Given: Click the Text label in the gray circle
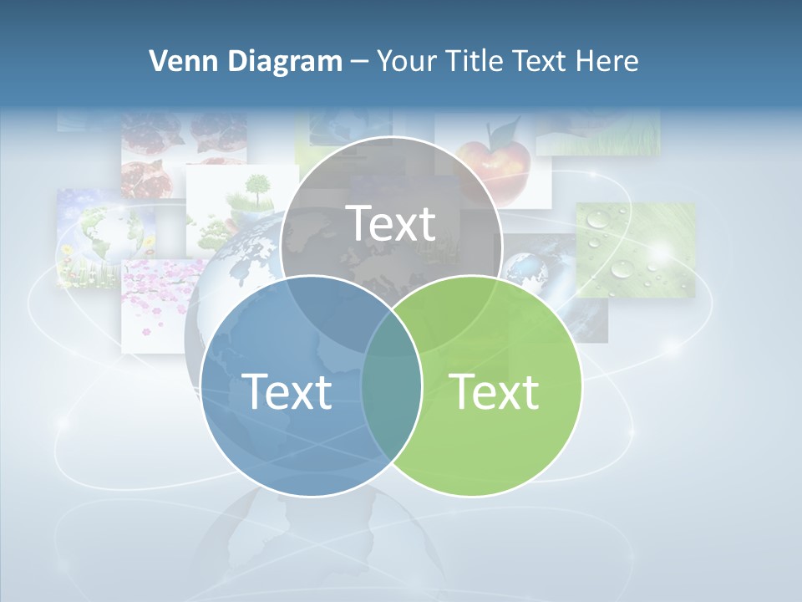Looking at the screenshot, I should coord(391,223).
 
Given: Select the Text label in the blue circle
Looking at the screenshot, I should coord(287,391).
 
